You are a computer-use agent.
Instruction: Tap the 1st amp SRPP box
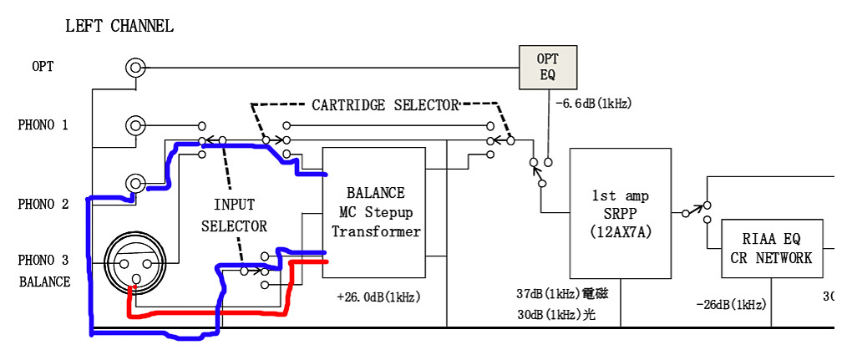pyautogui.click(x=621, y=213)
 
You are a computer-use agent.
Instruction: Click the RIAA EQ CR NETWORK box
pyautogui.click(x=770, y=249)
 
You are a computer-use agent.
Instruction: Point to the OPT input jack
pyautogui.click(x=134, y=68)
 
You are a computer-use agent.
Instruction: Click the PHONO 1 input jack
pyautogui.click(x=134, y=126)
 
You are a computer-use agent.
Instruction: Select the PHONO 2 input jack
pyautogui.click(x=134, y=183)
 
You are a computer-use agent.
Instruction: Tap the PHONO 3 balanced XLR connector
pyautogui.click(x=132, y=260)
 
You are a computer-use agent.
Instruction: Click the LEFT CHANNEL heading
pyautogui.click(x=119, y=26)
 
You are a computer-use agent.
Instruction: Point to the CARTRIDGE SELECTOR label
pyautogui.click(x=385, y=105)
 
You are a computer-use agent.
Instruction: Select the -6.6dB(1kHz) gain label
pyautogui.click(x=593, y=104)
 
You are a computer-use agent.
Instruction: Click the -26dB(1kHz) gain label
pyautogui.click(x=731, y=305)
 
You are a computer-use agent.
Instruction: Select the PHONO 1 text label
pyautogui.click(x=43, y=125)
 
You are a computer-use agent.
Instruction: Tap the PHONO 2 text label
pyautogui.click(x=43, y=205)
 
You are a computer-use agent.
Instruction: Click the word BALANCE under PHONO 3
pyautogui.click(x=45, y=281)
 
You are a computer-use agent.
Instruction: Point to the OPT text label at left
pyautogui.click(x=43, y=66)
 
